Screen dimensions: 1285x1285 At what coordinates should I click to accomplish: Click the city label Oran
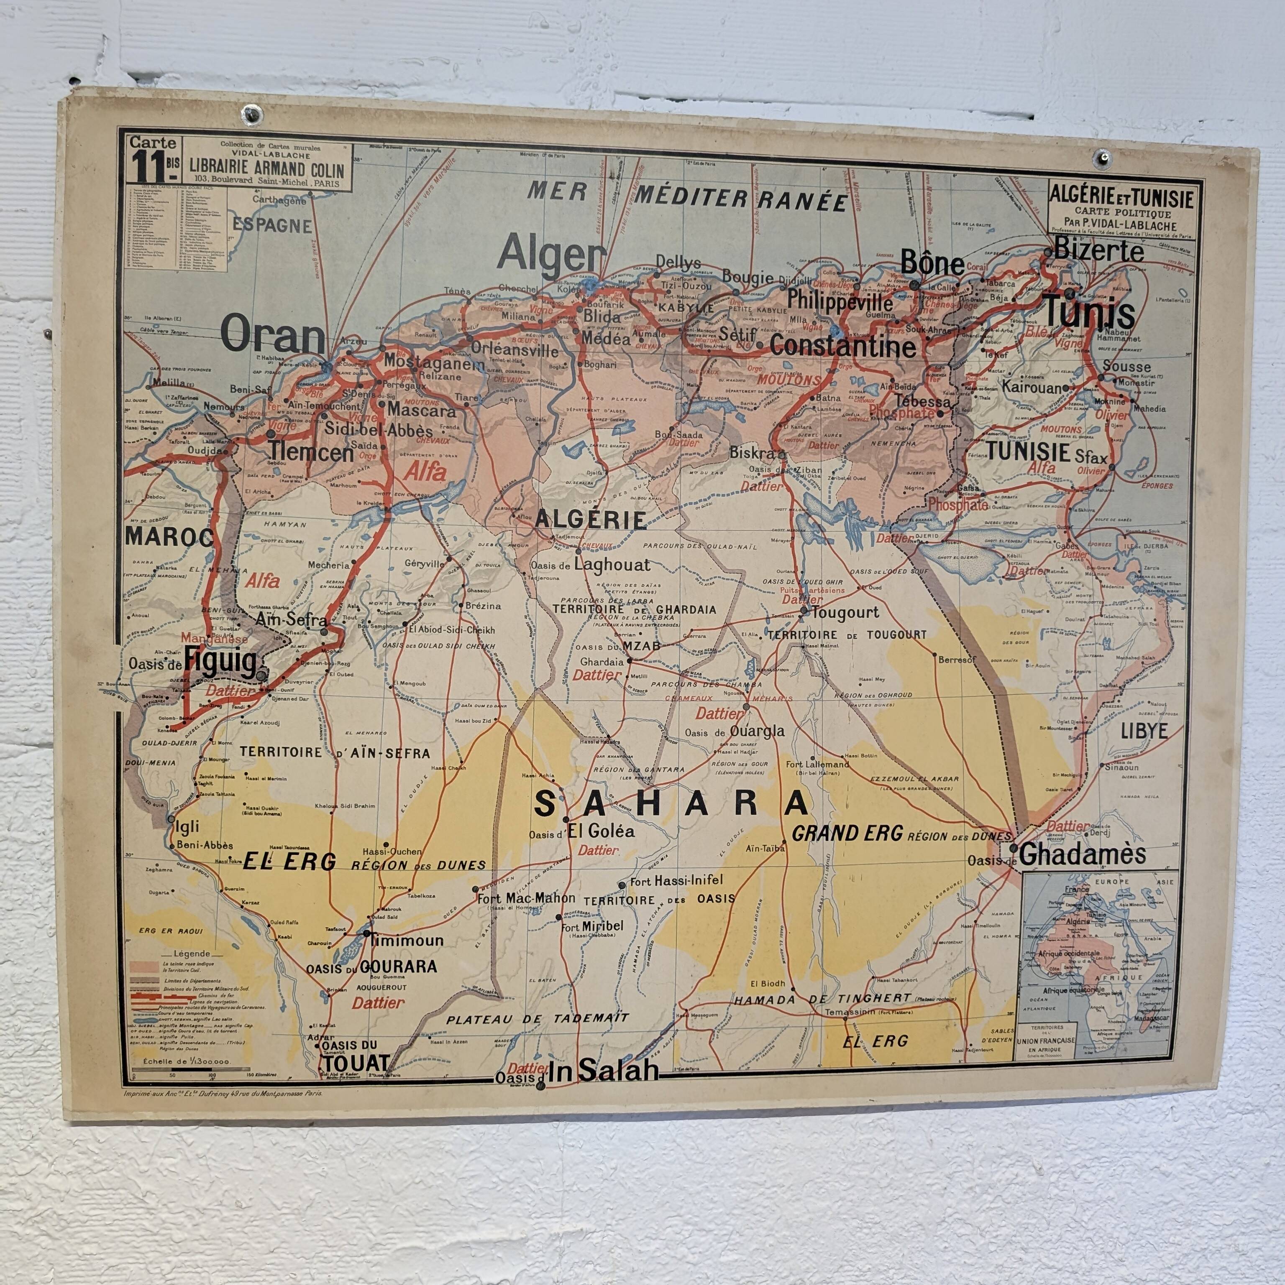click(272, 336)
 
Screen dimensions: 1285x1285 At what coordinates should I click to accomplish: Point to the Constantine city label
click(843, 347)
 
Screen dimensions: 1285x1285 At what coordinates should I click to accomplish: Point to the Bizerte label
click(1099, 251)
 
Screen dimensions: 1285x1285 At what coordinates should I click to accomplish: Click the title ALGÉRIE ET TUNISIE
click(1121, 198)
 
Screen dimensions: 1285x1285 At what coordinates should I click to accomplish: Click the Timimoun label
click(405, 941)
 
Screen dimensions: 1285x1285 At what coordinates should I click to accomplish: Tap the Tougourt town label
click(845, 612)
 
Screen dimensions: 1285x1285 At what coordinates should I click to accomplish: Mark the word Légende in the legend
click(191, 953)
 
